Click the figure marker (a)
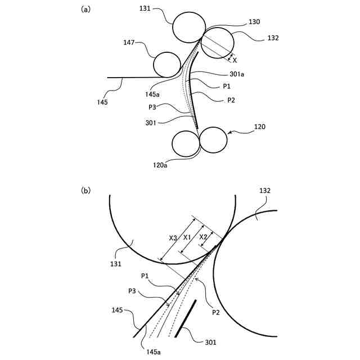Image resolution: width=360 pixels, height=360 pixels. point(85,8)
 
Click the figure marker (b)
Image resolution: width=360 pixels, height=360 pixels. point(85,191)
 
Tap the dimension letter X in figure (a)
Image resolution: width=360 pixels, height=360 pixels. point(235,59)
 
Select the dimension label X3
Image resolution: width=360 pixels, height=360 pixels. point(173,238)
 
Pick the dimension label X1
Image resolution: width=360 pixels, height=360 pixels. point(188,237)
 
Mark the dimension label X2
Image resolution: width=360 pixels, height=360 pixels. point(204,237)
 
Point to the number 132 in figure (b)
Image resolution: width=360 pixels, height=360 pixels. point(265,191)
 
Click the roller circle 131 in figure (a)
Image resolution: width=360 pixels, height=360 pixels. point(189,27)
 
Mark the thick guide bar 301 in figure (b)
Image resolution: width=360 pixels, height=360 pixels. point(186,318)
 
